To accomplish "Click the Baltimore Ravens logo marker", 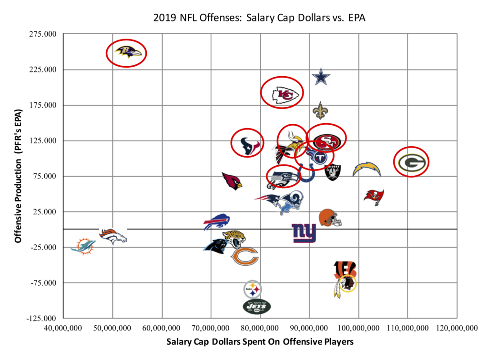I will (126, 52).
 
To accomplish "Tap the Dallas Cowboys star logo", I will (321, 77).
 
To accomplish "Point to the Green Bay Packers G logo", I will (411, 162).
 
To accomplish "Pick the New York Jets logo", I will (256, 306).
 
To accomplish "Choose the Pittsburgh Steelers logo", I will (252, 289).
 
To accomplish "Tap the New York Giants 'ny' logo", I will (304, 232).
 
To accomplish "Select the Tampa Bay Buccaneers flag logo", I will (374, 196).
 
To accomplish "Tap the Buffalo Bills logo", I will (217, 222).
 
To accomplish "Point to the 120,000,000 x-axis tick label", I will (457, 328).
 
